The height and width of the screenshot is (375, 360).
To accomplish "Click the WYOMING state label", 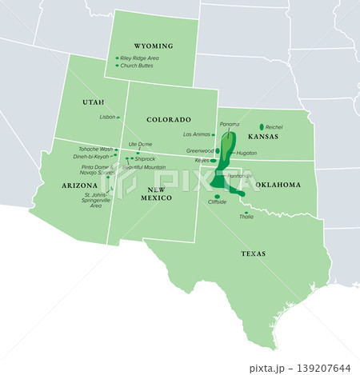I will [x=153, y=46].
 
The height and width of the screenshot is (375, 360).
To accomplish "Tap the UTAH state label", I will [x=93, y=102].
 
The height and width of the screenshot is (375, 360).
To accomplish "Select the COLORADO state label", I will [x=169, y=119].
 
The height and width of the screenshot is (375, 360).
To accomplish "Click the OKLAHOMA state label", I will [x=278, y=185].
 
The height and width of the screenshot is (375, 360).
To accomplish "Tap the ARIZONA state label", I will [x=79, y=185].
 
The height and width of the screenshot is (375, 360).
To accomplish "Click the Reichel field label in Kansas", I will [x=274, y=127].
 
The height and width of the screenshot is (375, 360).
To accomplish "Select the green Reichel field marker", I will [x=262, y=126].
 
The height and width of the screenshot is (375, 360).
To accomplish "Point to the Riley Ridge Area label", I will [x=140, y=58].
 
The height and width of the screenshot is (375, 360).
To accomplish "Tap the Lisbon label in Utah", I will [x=107, y=117].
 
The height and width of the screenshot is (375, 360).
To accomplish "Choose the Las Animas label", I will [x=197, y=134].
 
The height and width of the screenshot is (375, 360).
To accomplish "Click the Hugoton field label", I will [x=246, y=153].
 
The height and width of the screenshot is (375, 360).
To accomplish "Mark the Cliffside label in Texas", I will [x=217, y=202].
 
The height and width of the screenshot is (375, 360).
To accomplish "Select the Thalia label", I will [x=246, y=217].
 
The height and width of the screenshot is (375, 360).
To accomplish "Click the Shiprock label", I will [x=145, y=159].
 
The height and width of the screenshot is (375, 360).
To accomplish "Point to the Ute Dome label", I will [x=140, y=144].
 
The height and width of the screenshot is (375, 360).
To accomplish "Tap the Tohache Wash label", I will [x=95, y=150].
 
